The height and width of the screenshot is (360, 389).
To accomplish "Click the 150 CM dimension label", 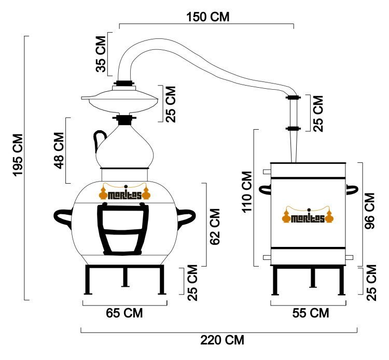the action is (207, 17).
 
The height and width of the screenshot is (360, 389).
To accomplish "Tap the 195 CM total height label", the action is (18, 155).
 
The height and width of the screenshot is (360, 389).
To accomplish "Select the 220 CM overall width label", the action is (222, 340).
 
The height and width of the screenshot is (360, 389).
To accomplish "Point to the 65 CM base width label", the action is (124, 313).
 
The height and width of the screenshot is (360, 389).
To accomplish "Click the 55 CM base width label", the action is (310, 313).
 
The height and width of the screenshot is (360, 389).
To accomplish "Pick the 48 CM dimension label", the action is (59, 150).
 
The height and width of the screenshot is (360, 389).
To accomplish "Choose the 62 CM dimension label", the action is (215, 227).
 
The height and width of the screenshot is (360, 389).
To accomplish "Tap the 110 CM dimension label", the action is (247, 192).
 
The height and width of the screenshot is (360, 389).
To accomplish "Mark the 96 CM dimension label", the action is (369, 211).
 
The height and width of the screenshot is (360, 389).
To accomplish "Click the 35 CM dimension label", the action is (101, 54).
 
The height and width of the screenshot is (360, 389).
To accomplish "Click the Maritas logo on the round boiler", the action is (125, 192).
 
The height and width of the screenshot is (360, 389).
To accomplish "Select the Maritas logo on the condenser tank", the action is (308, 215).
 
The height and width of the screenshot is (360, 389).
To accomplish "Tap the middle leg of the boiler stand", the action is (125, 278).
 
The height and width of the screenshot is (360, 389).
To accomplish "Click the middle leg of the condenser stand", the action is (313, 278).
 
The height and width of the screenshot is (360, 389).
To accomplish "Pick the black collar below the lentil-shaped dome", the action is (124, 120).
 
